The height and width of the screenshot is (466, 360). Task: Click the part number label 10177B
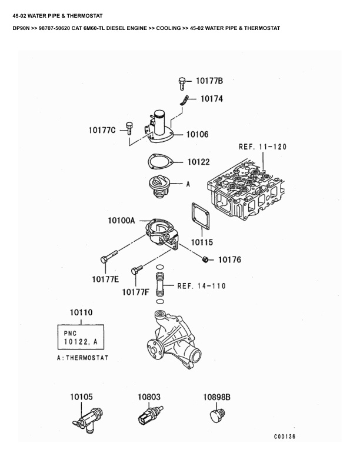click(x=209, y=81)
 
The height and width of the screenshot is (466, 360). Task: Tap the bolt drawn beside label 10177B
click(x=182, y=84)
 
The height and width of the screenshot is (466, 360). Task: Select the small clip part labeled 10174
click(x=184, y=101)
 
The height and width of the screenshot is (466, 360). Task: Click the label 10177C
click(x=102, y=130)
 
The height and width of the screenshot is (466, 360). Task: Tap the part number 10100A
click(x=121, y=221)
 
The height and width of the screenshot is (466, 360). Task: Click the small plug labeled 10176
click(x=204, y=259)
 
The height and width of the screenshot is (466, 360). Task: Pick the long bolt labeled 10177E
click(x=109, y=257)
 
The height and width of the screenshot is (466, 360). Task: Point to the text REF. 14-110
click(x=201, y=286)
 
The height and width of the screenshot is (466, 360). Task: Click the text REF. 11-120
click(x=262, y=147)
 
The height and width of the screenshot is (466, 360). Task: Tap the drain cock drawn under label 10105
click(x=88, y=420)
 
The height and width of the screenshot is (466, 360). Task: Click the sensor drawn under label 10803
click(x=151, y=414)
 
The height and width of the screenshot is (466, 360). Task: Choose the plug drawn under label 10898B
click(x=218, y=415)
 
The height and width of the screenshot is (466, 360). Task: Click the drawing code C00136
click(x=285, y=436)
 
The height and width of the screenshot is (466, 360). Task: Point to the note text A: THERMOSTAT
click(x=82, y=358)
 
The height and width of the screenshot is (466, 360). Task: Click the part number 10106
click(x=198, y=135)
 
